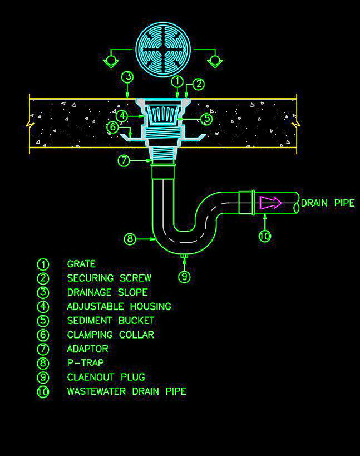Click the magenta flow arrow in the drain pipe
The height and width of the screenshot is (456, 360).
[x=271, y=203]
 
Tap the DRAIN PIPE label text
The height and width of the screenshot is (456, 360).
[x=327, y=203]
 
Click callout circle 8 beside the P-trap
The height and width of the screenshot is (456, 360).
[x=130, y=239]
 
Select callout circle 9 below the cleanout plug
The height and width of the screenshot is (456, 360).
[x=184, y=276]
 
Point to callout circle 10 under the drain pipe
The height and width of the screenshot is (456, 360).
[x=265, y=236]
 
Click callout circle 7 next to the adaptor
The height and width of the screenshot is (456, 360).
[x=124, y=160]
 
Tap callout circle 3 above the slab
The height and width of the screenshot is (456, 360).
[x=128, y=77]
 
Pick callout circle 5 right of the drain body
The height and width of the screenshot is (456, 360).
[x=206, y=119]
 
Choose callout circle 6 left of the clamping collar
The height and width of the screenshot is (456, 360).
[x=114, y=128]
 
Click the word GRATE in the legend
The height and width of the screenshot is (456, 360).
[x=81, y=264]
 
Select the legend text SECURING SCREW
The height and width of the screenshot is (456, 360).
[x=109, y=278]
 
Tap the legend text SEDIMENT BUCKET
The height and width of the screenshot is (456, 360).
[x=111, y=320]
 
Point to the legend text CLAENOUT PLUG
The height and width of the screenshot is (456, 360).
[x=106, y=377]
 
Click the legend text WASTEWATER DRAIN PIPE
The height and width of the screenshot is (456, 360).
[x=126, y=391]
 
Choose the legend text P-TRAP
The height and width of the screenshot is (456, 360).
[x=85, y=362]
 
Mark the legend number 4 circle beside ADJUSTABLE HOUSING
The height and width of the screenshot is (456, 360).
[x=43, y=306]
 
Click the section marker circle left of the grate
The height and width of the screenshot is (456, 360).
[x=112, y=58]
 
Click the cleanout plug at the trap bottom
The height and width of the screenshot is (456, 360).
[x=185, y=256]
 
